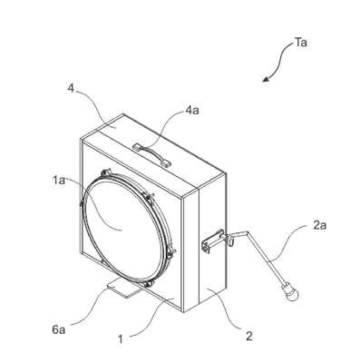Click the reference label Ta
pyautogui.click(x=301, y=43)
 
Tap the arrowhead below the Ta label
pyautogui.click(x=266, y=79)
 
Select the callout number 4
pyautogui.click(x=70, y=91)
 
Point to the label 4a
pyautogui.click(x=192, y=111)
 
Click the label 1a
pyautogui.click(x=58, y=181)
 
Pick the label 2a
pyautogui.click(x=319, y=225)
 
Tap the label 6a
pyautogui.click(x=58, y=329)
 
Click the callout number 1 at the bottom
pyautogui.click(x=121, y=339)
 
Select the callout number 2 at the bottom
pyautogui.click(x=248, y=336)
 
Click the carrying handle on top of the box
pyautogui.click(x=152, y=154)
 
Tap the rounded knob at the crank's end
pyautogui.click(x=290, y=292)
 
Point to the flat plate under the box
pyautogui.click(x=122, y=288)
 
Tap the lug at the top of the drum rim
pyautogui.click(x=106, y=172)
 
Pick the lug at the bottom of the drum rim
pyautogui.click(x=150, y=284)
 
